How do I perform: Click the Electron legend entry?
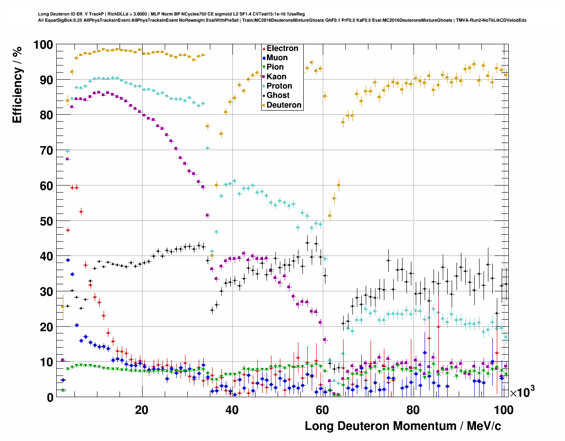[282, 48]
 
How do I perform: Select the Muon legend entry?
[277, 58]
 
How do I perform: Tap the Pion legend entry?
[275, 67]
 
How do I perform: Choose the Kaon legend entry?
[276, 77]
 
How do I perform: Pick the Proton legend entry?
[279, 86]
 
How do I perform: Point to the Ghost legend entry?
[278, 95]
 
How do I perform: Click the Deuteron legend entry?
[284, 105]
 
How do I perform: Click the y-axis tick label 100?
[43, 45]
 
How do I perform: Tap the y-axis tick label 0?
[49, 397]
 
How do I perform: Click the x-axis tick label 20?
[142, 410]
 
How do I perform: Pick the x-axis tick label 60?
[322, 410]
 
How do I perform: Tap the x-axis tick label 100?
[503, 410]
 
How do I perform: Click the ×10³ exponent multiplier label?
[522, 391]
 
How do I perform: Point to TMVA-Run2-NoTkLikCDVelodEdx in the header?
[491, 20]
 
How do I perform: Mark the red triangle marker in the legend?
[264, 48]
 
